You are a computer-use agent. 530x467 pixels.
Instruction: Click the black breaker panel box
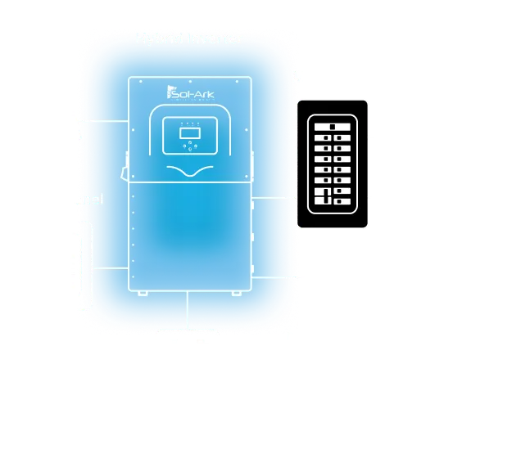[333, 164]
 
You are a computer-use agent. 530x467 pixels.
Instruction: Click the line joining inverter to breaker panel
[274, 197]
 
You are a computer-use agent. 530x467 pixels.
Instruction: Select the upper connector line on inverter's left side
[106, 123]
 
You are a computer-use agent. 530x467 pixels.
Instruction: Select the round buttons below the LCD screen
[188, 147]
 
